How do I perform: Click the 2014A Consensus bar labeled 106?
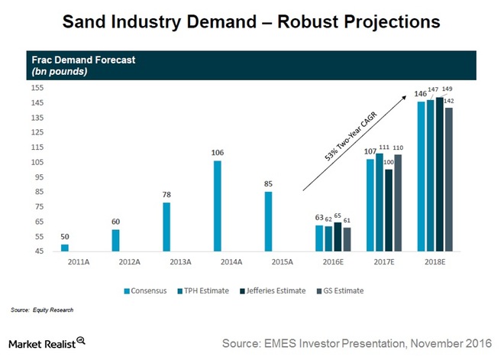(x=218, y=206)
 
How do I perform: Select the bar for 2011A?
(x=65, y=248)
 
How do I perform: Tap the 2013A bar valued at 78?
(x=166, y=227)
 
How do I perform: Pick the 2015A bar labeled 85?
(x=269, y=222)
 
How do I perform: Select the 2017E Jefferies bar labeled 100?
(x=388, y=210)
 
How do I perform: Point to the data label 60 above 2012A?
(x=115, y=222)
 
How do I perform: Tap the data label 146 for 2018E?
(x=420, y=94)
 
